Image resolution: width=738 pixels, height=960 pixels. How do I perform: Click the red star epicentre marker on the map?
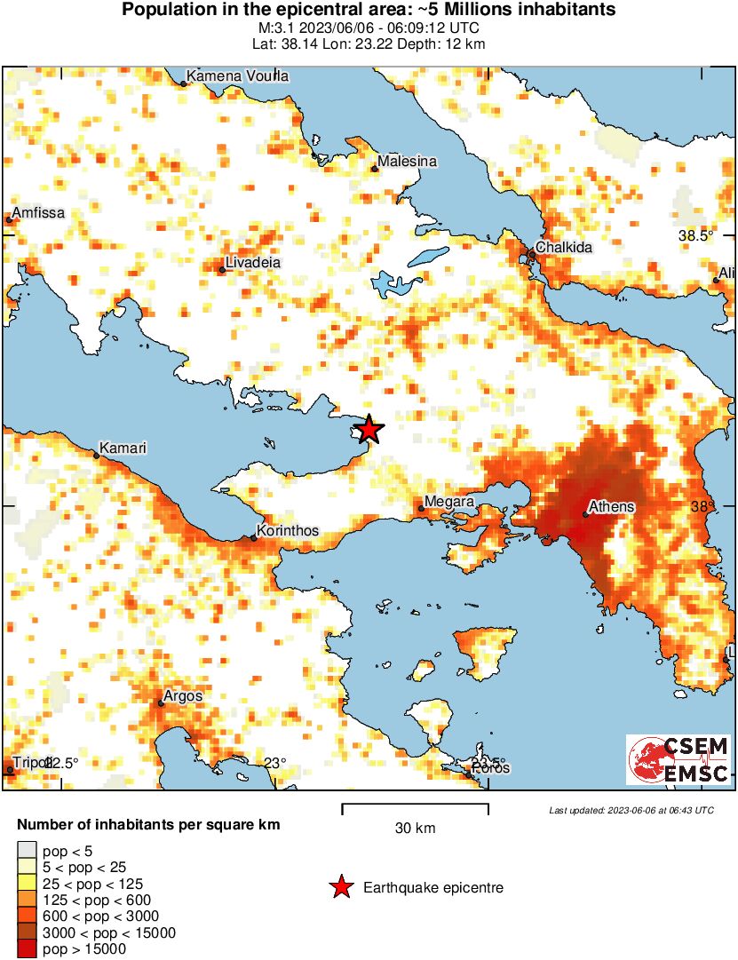pos(369,431)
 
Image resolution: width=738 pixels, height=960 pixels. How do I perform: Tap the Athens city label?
pos(613,507)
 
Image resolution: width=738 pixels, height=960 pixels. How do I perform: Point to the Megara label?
pos(450,503)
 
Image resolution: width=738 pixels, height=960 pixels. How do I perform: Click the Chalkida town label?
pos(563,248)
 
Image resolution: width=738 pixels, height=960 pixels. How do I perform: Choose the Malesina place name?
pos(407,162)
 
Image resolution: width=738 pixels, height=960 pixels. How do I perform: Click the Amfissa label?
pos(38,213)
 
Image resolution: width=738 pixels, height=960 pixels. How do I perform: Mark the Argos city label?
pos(184,696)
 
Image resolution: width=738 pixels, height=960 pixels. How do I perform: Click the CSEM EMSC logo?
pos(679,760)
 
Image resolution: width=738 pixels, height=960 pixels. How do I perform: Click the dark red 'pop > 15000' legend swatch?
pos(28,949)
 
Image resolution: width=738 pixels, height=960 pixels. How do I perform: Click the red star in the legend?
pos(340,887)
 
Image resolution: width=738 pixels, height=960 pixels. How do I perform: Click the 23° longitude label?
pos(274,763)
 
